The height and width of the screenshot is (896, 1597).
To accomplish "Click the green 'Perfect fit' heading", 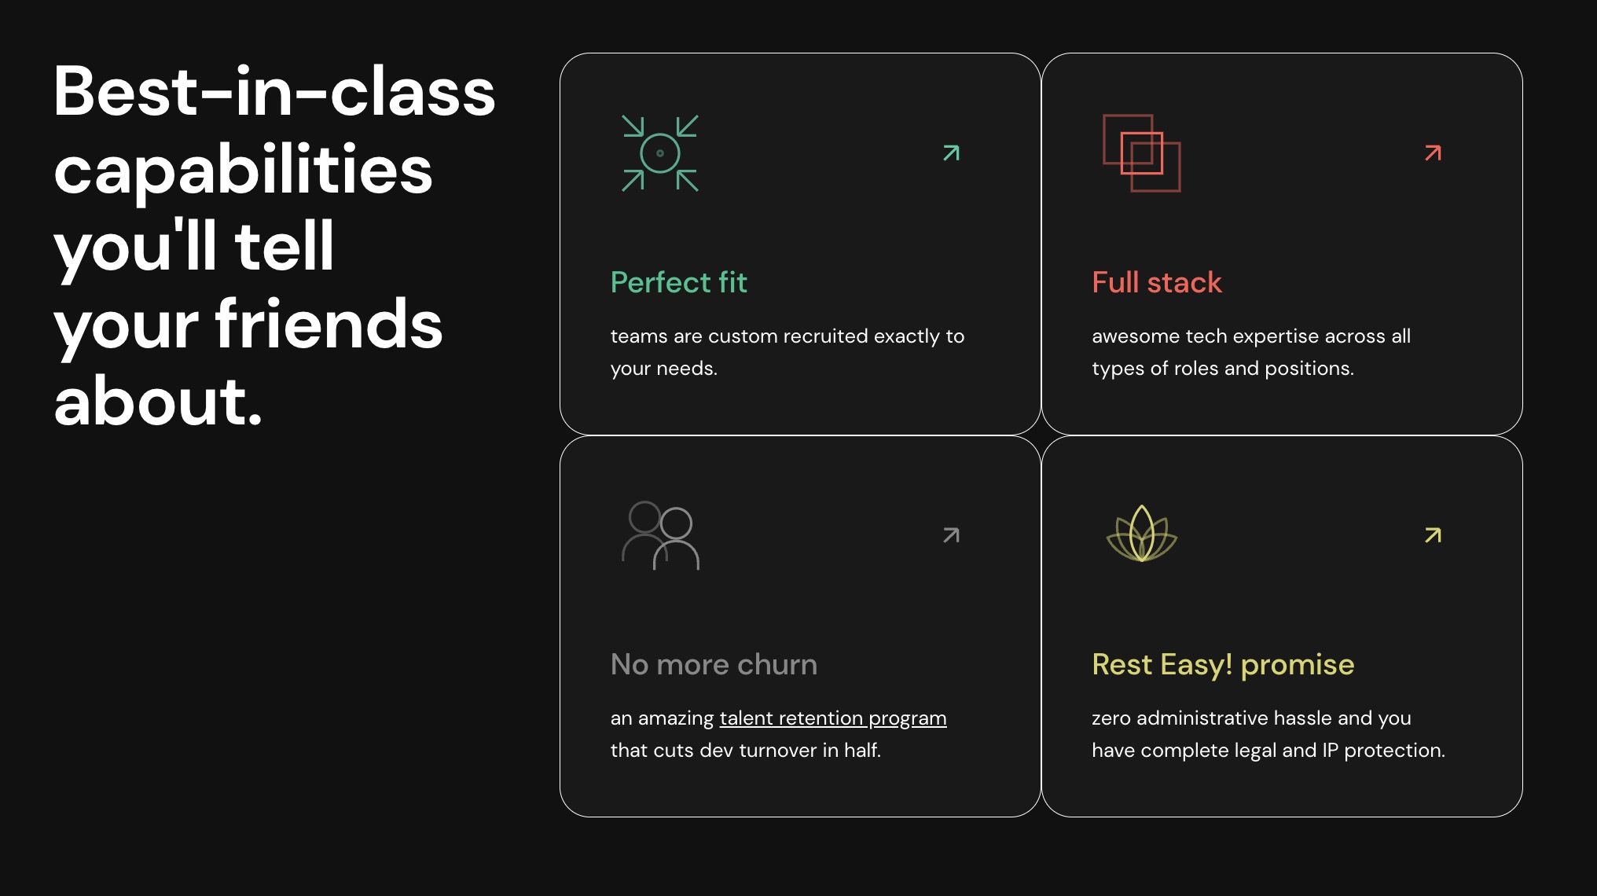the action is pyautogui.click(x=678, y=282).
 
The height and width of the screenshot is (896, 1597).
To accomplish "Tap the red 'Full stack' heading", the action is pyautogui.click(x=1157, y=282).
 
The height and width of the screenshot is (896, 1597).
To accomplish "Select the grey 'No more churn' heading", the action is pyautogui.click(x=714, y=664).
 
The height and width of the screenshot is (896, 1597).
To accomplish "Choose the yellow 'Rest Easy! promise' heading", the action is pyautogui.click(x=1223, y=665).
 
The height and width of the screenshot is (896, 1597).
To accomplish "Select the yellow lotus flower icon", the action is pyautogui.click(x=1142, y=534).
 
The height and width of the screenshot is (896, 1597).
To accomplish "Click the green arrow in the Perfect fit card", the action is pyautogui.click(x=951, y=152).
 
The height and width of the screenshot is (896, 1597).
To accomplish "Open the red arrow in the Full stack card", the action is pyautogui.click(x=1433, y=152).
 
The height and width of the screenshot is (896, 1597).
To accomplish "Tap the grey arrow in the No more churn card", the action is pyautogui.click(x=951, y=535).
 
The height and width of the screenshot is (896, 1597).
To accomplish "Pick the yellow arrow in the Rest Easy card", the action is pyautogui.click(x=1433, y=535).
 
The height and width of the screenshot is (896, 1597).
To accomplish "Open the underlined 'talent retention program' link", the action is pyautogui.click(x=833, y=718).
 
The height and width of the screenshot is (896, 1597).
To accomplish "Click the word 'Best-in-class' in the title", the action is pyautogui.click(x=274, y=91).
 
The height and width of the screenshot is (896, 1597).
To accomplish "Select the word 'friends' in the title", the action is pyautogui.click(x=329, y=323).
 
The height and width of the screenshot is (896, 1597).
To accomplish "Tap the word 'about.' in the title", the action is pyautogui.click(x=158, y=400).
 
